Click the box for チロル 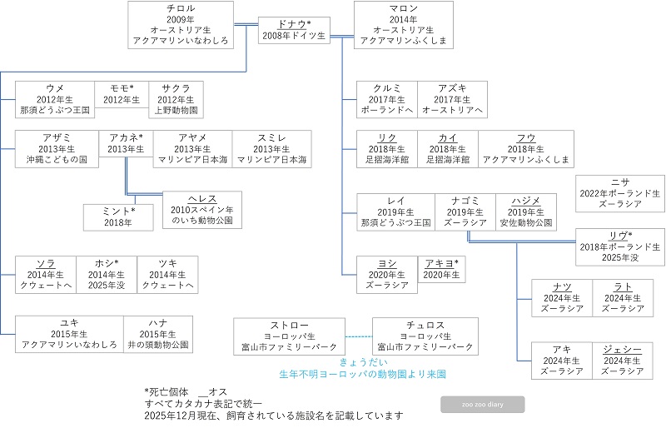181,24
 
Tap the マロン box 404,24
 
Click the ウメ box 55,99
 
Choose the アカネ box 126,143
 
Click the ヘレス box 202,210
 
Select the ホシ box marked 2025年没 106,274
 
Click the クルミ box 385,99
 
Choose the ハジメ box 525,212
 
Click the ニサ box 619,192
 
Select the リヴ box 619,247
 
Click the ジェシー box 619,361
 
